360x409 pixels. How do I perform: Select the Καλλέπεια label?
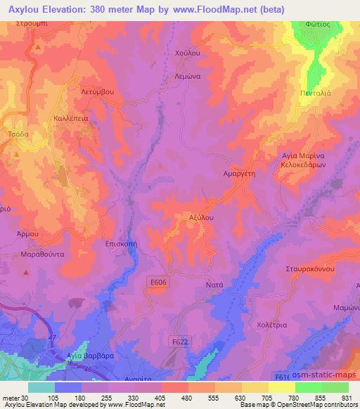click(71, 119)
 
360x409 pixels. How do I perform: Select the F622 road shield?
click(182, 341)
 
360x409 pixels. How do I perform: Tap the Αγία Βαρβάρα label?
click(84, 356)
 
